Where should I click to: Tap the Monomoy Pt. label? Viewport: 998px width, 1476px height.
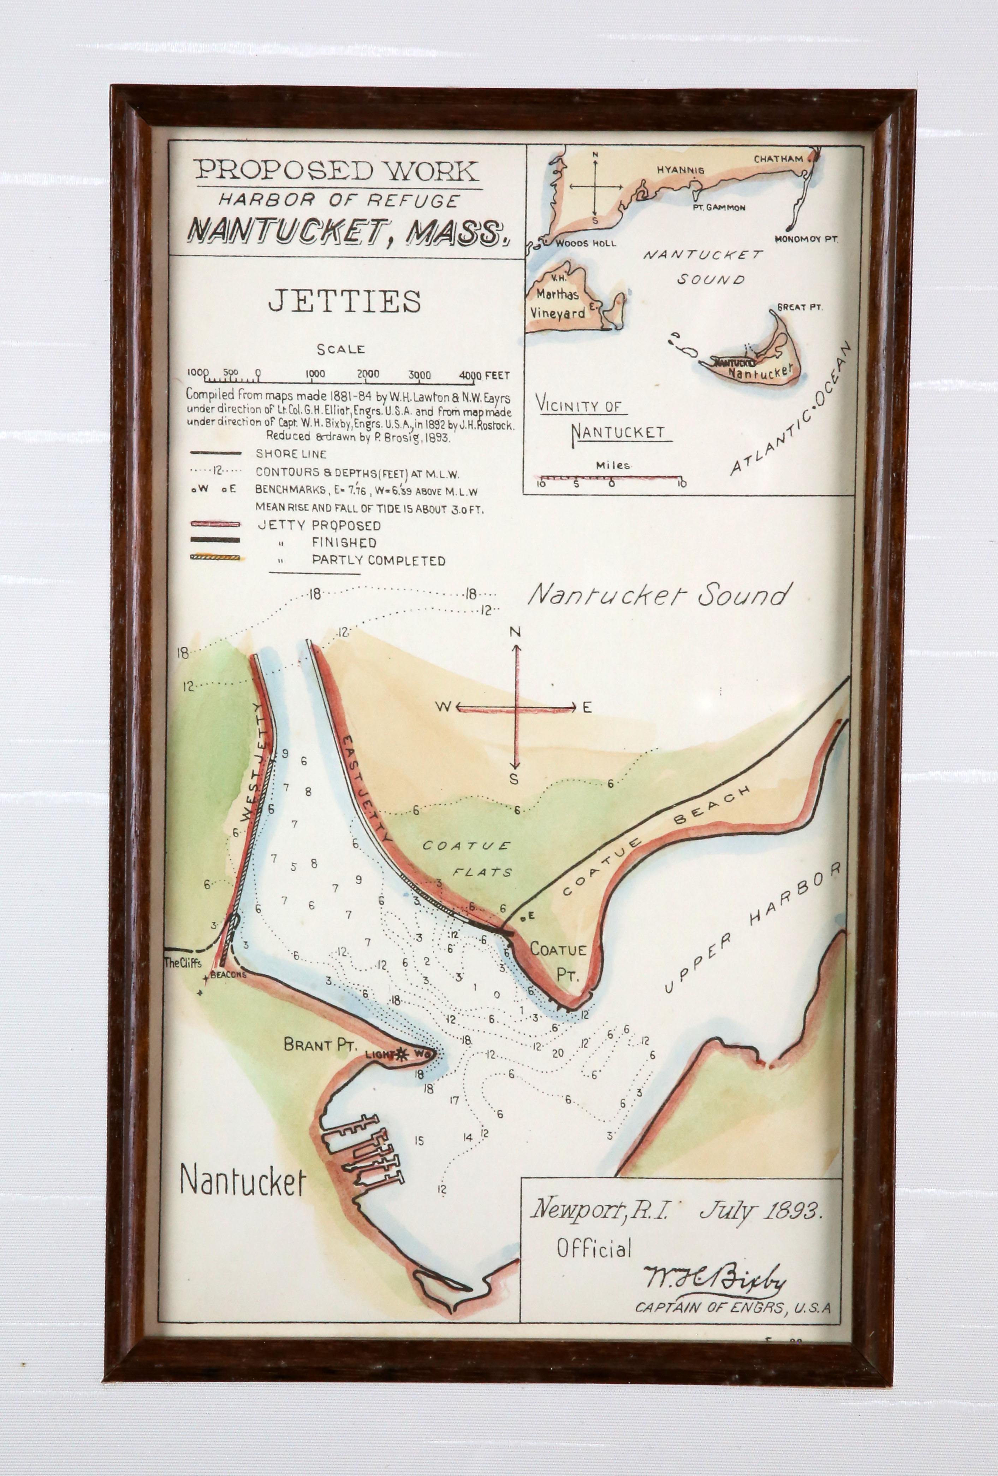806,240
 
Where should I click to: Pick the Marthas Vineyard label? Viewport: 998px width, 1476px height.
557,304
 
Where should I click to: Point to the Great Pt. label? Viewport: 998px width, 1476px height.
800,307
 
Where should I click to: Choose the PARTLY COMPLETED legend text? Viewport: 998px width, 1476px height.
378,561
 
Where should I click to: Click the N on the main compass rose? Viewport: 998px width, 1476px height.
515,631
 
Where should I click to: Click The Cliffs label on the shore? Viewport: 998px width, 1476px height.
182,962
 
